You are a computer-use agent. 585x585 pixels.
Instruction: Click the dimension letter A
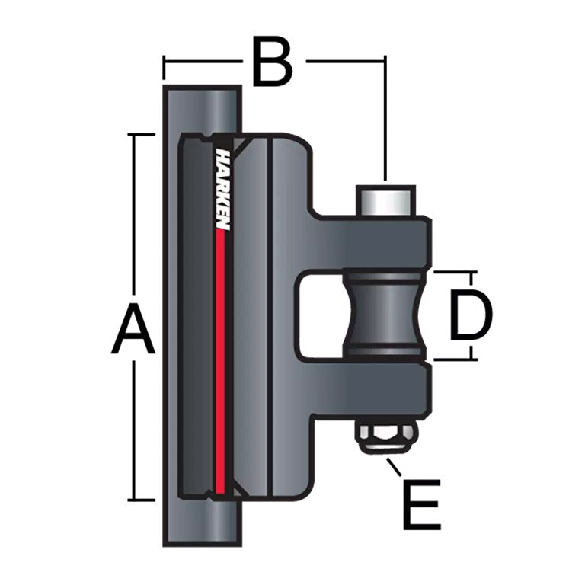point(134,328)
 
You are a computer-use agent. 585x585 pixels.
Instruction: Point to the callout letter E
point(421,504)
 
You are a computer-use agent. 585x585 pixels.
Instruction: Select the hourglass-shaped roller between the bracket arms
point(385,315)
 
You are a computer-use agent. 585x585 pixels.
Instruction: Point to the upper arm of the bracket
point(373,242)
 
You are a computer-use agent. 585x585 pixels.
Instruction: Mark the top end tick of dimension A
point(142,134)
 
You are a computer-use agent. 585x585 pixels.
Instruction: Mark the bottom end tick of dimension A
point(142,500)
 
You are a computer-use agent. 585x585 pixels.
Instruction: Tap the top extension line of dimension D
point(455,271)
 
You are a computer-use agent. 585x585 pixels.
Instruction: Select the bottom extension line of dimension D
point(455,360)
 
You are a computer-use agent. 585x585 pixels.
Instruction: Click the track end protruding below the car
point(202,526)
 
